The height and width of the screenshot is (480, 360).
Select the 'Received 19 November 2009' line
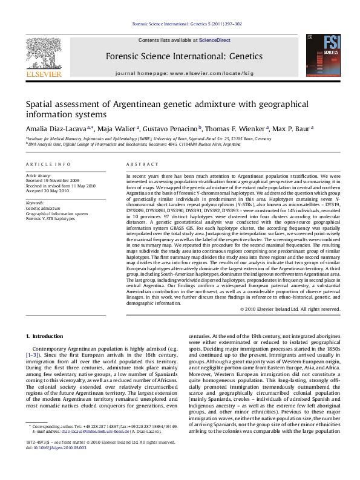pyautogui.click(x=51, y=181)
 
